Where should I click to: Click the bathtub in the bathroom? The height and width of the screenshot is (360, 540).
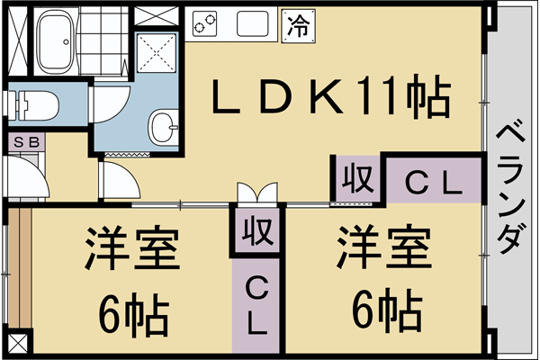tap(55, 41)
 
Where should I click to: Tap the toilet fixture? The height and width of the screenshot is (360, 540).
tap(33, 105)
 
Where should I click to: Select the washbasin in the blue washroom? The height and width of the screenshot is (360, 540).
tap(163, 127)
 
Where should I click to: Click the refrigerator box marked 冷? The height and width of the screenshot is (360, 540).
tap(298, 26)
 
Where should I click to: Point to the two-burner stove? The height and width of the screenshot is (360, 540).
tap(204, 23)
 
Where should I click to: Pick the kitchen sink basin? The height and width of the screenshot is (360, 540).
tap(252, 23)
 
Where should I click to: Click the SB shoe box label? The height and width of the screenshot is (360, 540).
tap(26, 142)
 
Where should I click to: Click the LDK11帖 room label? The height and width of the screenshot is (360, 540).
tap(330, 97)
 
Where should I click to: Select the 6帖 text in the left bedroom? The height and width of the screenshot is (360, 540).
tap(133, 314)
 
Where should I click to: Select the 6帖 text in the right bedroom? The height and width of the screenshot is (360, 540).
tap(387, 309)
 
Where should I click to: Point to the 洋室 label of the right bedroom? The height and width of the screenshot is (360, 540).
tap(384, 246)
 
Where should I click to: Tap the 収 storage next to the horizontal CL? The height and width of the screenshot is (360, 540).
tap(357, 178)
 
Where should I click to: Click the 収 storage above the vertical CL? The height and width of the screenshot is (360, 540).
tap(258, 230)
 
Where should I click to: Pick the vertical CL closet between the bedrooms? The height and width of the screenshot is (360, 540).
tap(257, 306)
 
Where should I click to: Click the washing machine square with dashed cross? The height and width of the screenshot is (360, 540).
tap(157, 53)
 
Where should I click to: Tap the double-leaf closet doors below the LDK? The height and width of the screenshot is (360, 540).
tap(257, 194)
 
